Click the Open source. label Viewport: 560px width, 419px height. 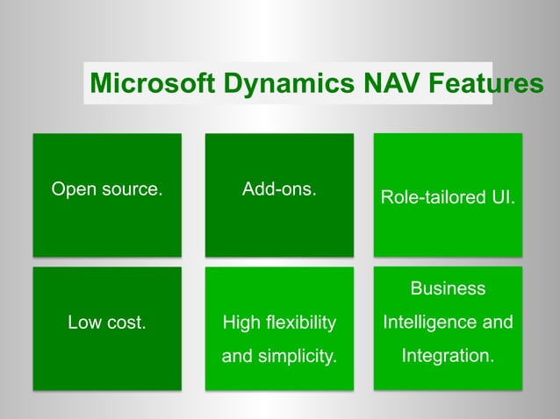coord(107,188)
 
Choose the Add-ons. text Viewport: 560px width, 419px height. coord(279,188)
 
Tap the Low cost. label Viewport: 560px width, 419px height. coord(107,323)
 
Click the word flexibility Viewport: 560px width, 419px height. coord(298,323)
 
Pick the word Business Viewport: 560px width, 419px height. coord(448,288)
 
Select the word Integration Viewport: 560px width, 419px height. coord(448,357)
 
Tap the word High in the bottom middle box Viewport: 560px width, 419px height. coord(240,323)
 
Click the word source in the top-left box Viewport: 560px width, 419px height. coord(130,188)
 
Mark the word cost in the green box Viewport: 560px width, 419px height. coord(126,323)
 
